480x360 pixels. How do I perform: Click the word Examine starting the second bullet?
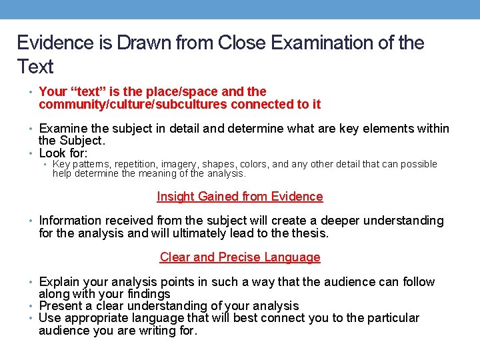65,129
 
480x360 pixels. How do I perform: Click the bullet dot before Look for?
32,153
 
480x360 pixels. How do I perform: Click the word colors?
253,164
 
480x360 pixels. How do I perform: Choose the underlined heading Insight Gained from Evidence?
240,197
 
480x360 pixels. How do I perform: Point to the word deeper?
306,221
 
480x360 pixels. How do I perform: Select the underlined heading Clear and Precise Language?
240,257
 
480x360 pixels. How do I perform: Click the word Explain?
61,282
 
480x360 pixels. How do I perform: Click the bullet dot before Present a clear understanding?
32,306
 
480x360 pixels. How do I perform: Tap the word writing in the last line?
158,330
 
